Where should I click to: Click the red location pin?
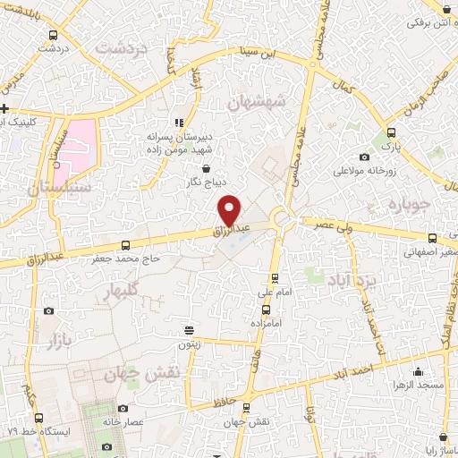tap(230, 209)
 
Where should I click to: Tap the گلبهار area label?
tap(122, 291)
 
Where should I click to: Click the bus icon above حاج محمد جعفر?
tap(125, 244)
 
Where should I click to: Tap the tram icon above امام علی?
tap(275, 277)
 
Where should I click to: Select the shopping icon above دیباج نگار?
tap(206, 166)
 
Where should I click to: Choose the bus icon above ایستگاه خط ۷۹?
tap(38, 416)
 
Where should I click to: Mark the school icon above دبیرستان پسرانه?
tap(179, 122)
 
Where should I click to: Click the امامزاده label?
tap(267, 321)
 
